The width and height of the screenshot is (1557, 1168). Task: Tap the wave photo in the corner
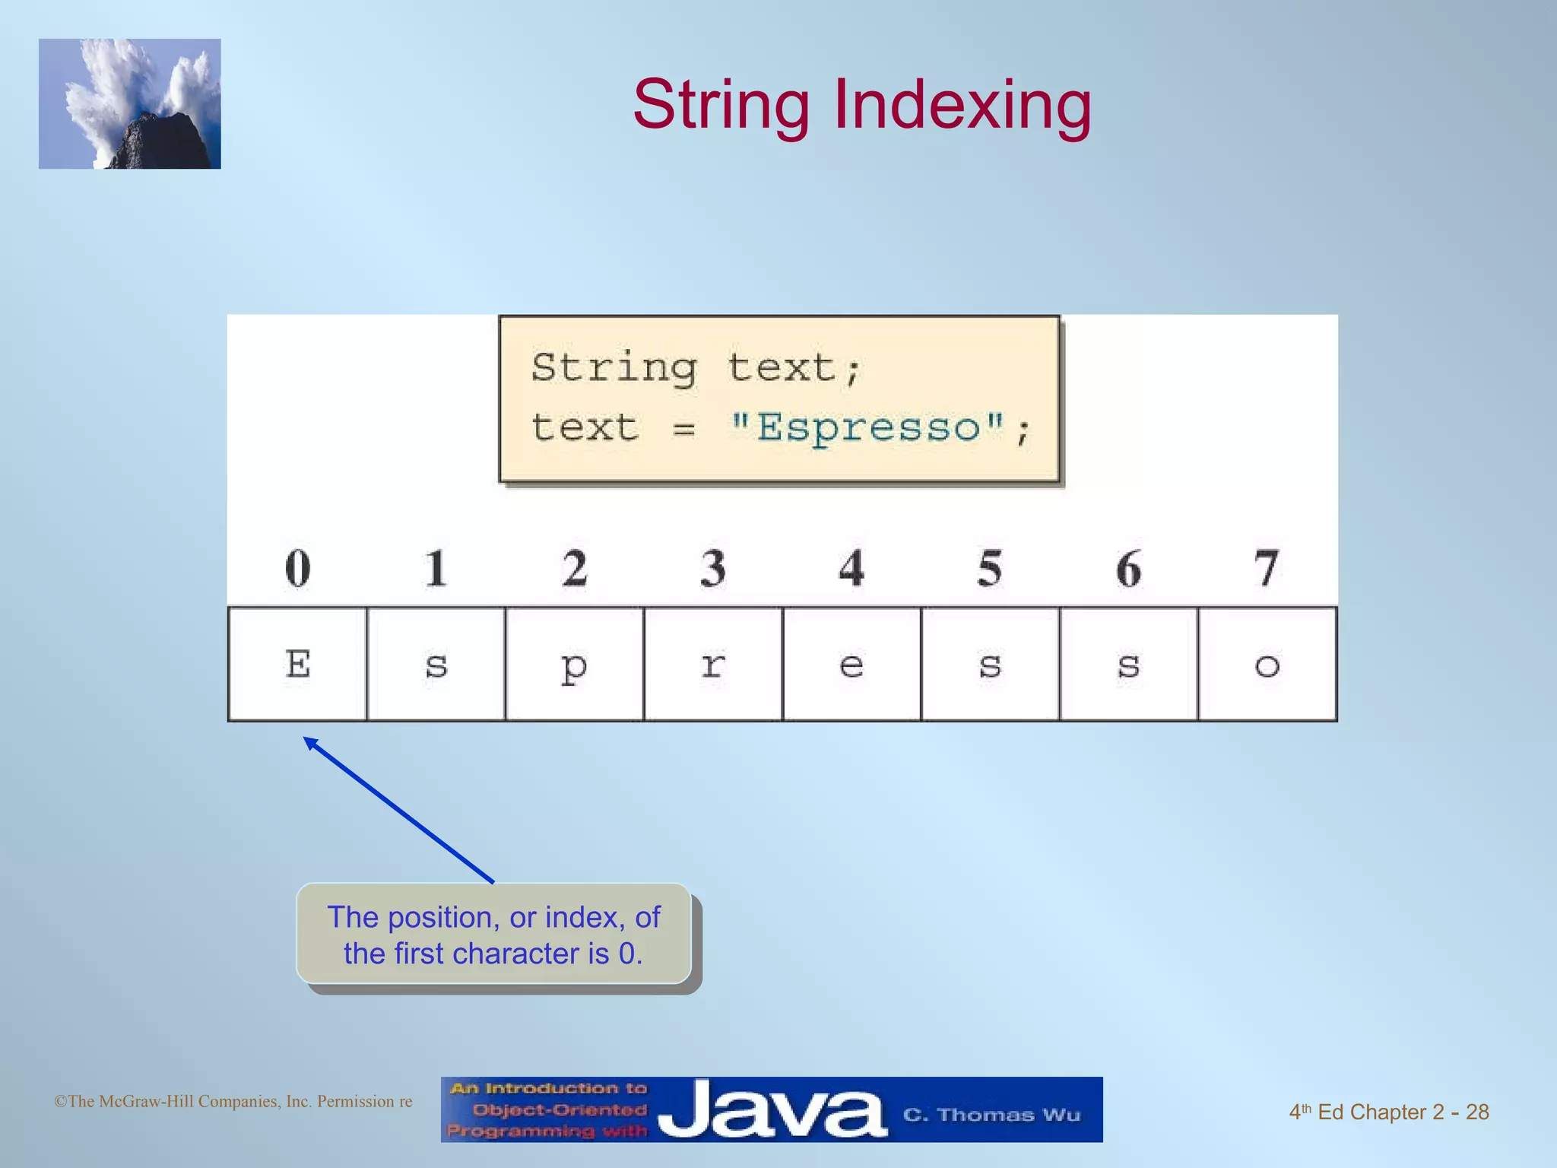(130, 104)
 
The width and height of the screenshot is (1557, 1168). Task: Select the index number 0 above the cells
(297, 568)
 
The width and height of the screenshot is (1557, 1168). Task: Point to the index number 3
(712, 568)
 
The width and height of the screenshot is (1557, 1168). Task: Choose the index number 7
(1266, 568)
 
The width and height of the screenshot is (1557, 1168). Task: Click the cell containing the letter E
(297, 664)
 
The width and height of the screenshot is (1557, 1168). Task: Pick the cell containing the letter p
(574, 664)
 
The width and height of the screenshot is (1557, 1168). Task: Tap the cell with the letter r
(712, 664)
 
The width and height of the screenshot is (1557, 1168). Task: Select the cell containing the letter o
(1267, 664)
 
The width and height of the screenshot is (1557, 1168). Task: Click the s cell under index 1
(436, 664)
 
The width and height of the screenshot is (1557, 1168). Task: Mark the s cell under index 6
(1128, 664)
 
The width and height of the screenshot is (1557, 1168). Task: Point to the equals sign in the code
(683, 430)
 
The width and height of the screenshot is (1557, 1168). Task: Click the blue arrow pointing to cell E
(398, 810)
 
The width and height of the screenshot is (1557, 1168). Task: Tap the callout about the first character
(493, 935)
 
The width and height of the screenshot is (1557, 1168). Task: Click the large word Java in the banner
(772, 1110)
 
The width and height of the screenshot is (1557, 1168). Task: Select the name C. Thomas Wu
(991, 1115)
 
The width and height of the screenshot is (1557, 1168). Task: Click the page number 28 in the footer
(1476, 1112)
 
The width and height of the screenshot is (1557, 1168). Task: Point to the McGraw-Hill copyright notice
(233, 1101)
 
